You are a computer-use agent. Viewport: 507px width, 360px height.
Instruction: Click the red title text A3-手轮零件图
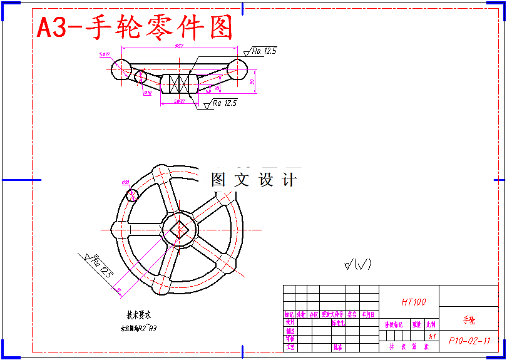pyautogui.click(x=135, y=28)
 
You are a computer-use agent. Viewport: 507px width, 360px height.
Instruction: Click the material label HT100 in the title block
pyautogui.click(x=413, y=302)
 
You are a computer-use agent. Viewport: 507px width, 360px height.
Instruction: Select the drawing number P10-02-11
pyautogui.click(x=469, y=341)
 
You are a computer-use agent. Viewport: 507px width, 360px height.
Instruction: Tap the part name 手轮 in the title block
pyautogui.click(x=469, y=320)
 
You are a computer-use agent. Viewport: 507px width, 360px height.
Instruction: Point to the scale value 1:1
pyautogui.click(x=432, y=336)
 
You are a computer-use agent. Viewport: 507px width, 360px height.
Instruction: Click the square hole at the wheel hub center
pyautogui.click(x=179, y=230)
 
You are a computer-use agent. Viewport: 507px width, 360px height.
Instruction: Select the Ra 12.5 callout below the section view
pyautogui.click(x=224, y=103)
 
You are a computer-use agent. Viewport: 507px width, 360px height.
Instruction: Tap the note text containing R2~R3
pyautogui.click(x=138, y=327)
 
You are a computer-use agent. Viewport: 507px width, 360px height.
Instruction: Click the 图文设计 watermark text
pyautogui.click(x=253, y=180)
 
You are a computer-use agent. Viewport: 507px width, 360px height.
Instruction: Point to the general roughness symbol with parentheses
pyautogui.click(x=358, y=264)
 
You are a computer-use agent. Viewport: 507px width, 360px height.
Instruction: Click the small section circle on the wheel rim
pyautogui.click(x=132, y=195)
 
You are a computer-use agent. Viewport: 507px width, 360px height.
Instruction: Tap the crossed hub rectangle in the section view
pyautogui.click(x=179, y=84)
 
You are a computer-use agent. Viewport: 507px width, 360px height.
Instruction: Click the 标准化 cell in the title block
pyautogui.click(x=338, y=324)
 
